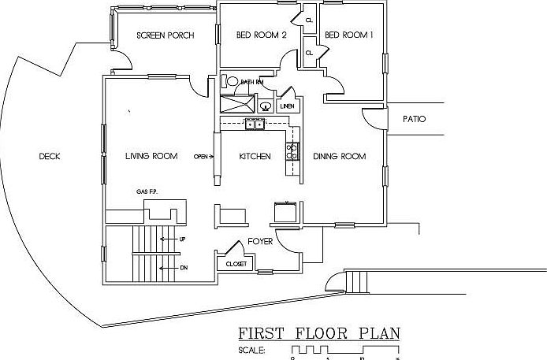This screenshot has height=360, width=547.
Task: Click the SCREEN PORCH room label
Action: click(166, 35)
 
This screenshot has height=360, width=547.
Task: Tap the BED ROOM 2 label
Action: click(262, 35)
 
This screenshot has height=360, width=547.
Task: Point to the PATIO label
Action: click(414, 119)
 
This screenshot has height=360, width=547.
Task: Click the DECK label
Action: click(50, 156)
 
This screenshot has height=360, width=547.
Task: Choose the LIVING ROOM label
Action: click(151, 156)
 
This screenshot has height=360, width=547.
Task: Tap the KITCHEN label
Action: click(255, 156)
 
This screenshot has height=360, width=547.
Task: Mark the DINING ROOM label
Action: click(340, 156)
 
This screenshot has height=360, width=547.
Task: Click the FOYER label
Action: click(260, 241)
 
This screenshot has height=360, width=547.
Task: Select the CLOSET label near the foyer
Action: click(236, 265)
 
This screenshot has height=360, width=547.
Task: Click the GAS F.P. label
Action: click(147, 191)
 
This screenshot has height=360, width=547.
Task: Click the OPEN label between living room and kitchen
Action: click(203, 156)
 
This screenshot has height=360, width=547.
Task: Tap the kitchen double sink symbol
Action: click(255, 124)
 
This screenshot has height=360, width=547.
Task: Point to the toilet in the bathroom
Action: click(233, 81)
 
